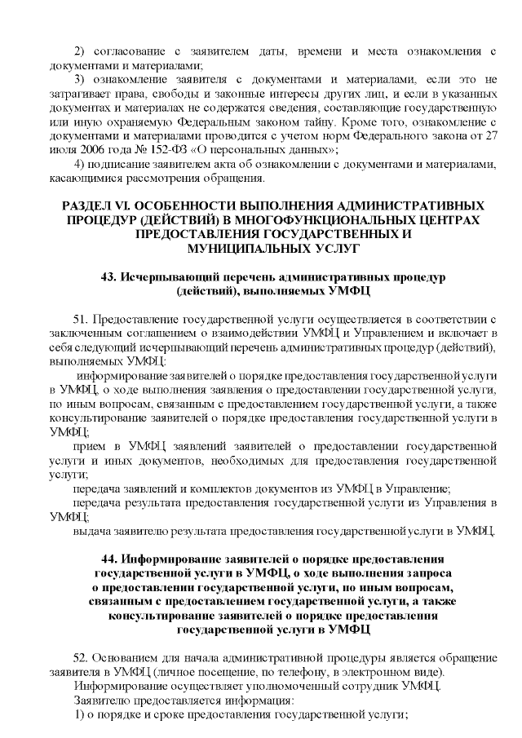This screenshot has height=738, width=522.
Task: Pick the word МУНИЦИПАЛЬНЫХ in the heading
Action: pos(239,248)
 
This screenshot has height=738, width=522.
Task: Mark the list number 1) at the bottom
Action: pos(79,714)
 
